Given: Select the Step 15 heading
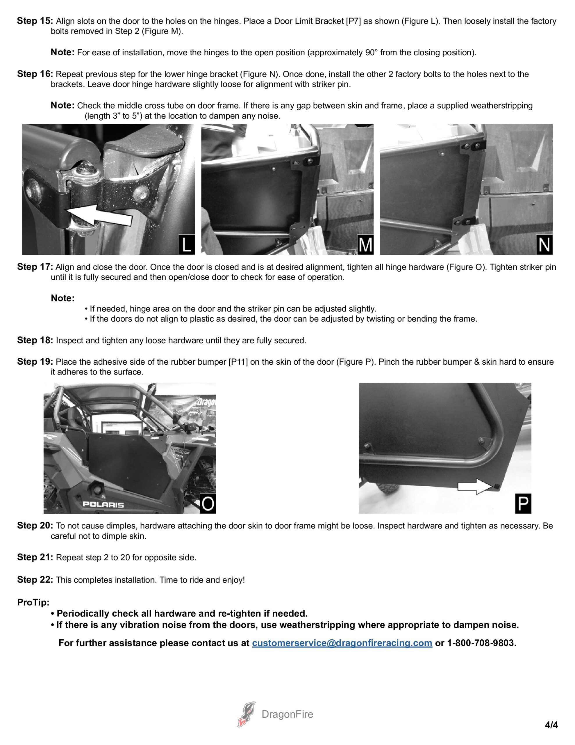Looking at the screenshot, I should (x=35, y=21).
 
